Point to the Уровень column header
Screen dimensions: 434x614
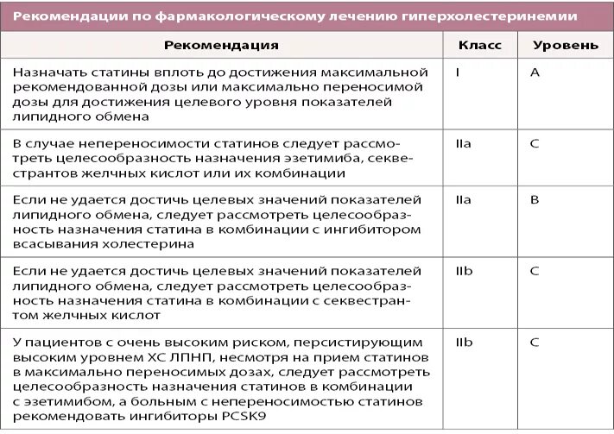point(566,44)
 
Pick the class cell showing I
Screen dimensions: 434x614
point(457,72)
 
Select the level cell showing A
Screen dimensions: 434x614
point(535,72)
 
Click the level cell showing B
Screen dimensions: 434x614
point(535,199)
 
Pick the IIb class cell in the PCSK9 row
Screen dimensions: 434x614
point(464,342)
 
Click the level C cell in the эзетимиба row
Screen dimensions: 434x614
point(535,143)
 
